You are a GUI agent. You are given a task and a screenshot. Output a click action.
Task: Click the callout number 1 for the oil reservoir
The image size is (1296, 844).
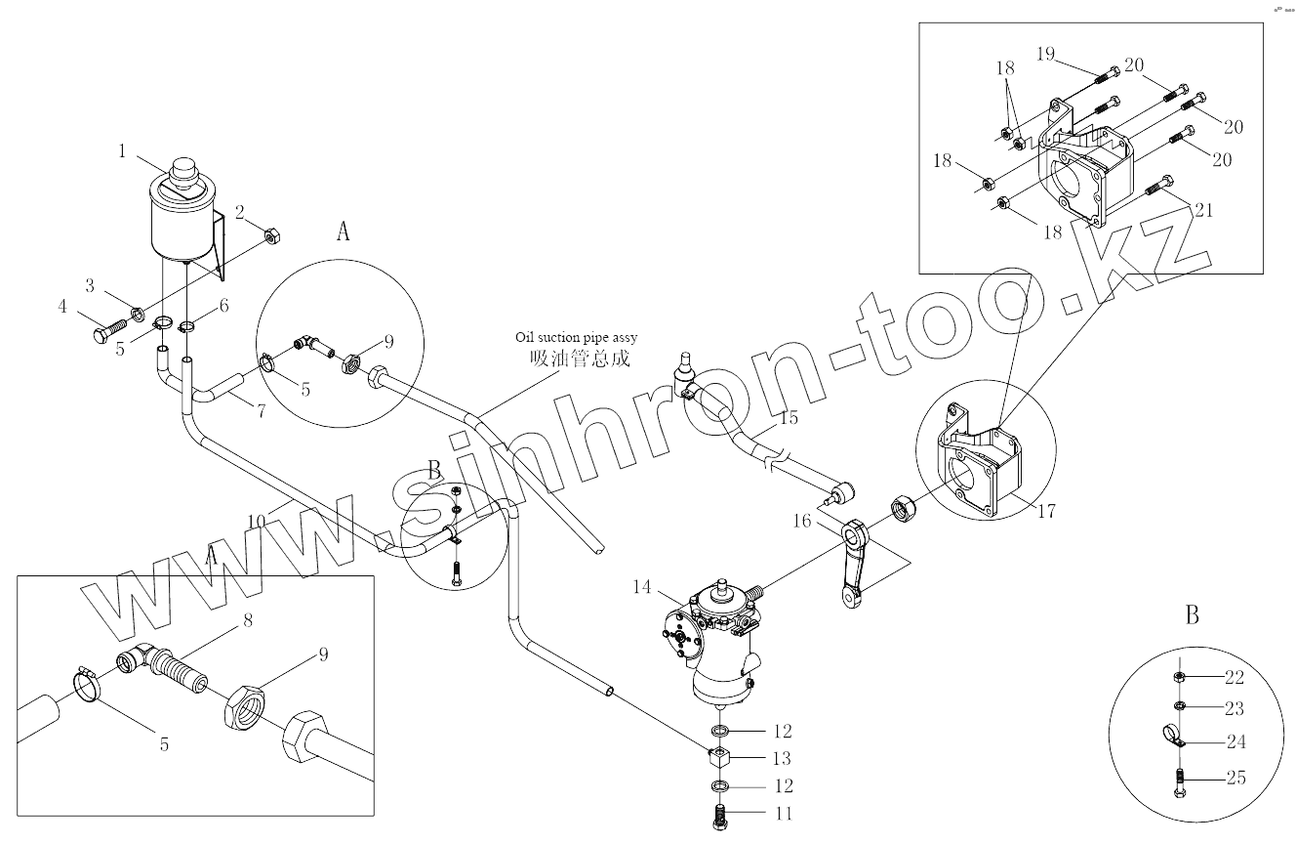(123, 151)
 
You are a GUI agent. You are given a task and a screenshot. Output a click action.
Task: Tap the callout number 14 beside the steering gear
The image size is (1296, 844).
(641, 587)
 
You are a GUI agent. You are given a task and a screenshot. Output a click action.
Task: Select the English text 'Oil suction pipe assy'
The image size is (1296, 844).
(577, 337)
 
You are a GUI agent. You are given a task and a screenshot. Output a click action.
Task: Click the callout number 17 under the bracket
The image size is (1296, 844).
(1045, 511)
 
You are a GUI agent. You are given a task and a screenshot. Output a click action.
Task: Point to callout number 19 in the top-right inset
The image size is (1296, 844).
(1045, 53)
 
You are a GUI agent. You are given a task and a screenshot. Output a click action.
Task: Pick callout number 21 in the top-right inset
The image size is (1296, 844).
(1203, 209)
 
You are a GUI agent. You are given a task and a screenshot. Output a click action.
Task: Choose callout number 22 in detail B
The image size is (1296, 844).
(1235, 678)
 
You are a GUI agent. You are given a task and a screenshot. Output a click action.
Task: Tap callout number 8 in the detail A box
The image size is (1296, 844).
(248, 620)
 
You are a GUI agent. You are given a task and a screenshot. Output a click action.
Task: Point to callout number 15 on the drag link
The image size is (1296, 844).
(789, 418)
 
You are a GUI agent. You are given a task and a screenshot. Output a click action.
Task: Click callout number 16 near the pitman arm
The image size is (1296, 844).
(801, 521)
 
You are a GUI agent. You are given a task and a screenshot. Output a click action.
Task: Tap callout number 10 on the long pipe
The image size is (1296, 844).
(256, 523)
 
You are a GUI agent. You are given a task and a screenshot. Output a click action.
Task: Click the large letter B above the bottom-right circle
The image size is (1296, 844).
(1192, 615)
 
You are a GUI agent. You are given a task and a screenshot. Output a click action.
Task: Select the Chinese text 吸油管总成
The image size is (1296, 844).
(579, 358)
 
